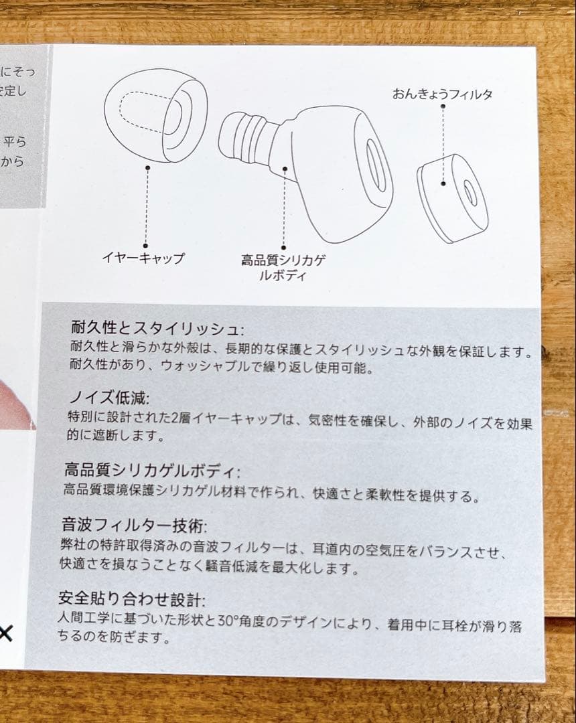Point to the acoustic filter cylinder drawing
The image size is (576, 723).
coord(452,197)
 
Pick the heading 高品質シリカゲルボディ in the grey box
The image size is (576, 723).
coord(151,470)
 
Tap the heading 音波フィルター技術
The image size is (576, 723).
coord(133,525)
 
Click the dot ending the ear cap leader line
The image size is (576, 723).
coord(145,245)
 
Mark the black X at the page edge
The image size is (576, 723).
coord(5,634)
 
